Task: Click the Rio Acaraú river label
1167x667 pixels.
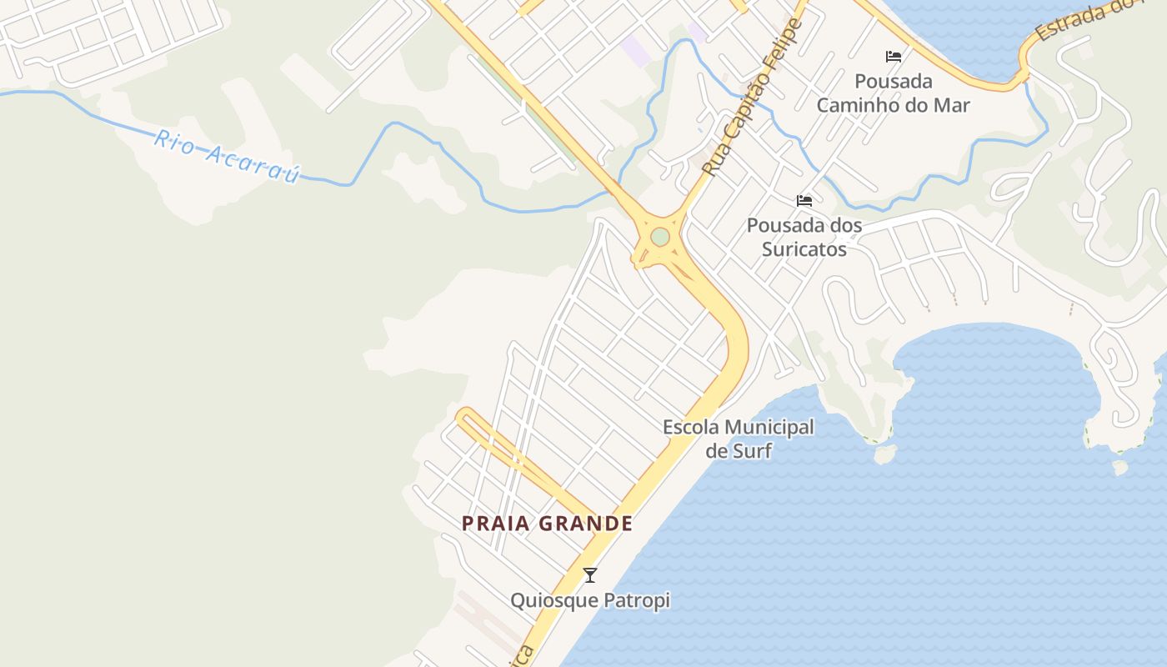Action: coord(226,156)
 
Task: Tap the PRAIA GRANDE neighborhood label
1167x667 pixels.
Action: coord(548,524)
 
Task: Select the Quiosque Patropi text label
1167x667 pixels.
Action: coord(590,600)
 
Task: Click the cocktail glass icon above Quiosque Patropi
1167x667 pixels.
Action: coord(590,575)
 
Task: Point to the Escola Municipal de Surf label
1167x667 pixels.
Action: coord(739,439)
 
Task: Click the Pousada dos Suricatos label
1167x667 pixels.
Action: coord(804,237)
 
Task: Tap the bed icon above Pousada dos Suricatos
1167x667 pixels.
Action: coord(804,201)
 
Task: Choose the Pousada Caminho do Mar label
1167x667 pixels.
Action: coord(894,93)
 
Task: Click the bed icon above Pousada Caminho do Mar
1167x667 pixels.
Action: coord(894,57)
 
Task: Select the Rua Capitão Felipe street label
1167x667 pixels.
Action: coord(752,98)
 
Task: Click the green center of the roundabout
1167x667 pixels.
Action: coord(660,238)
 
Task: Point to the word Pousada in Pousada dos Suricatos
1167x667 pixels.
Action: coord(779,226)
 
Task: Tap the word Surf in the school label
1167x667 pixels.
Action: coord(754,452)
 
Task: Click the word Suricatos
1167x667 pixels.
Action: coord(804,249)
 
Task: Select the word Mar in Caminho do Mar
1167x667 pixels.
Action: coord(953,106)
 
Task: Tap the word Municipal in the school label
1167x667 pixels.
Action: coord(769,428)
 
